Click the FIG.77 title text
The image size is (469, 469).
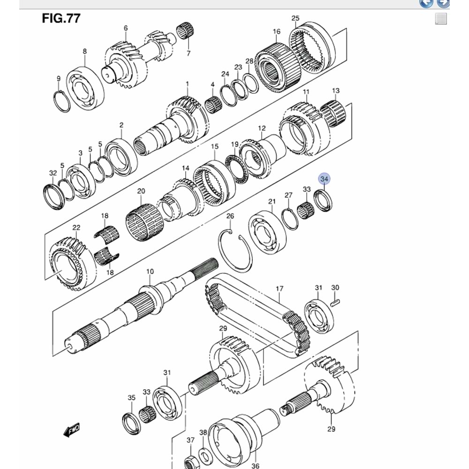tap(61, 19)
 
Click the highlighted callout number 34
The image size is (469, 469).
tap(324, 179)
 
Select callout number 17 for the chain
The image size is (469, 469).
tap(280, 289)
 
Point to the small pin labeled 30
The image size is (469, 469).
tap(334, 303)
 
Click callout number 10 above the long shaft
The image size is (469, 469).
tap(150, 272)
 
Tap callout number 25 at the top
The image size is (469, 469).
tap(295, 18)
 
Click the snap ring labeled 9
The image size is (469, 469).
tap(61, 100)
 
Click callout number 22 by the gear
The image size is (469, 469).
tap(76, 227)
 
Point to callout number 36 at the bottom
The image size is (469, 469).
tap(255, 466)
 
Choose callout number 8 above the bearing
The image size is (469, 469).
tap(85, 51)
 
